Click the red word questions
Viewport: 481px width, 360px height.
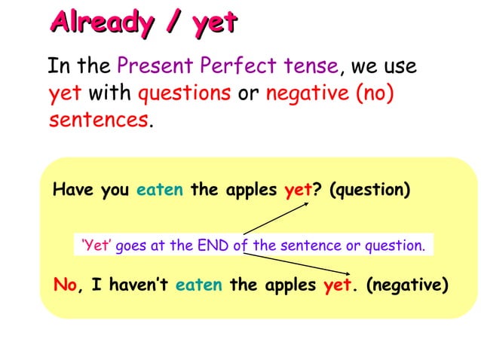[185, 93]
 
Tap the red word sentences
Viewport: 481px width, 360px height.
[98, 119]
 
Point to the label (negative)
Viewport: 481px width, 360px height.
[407, 285]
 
